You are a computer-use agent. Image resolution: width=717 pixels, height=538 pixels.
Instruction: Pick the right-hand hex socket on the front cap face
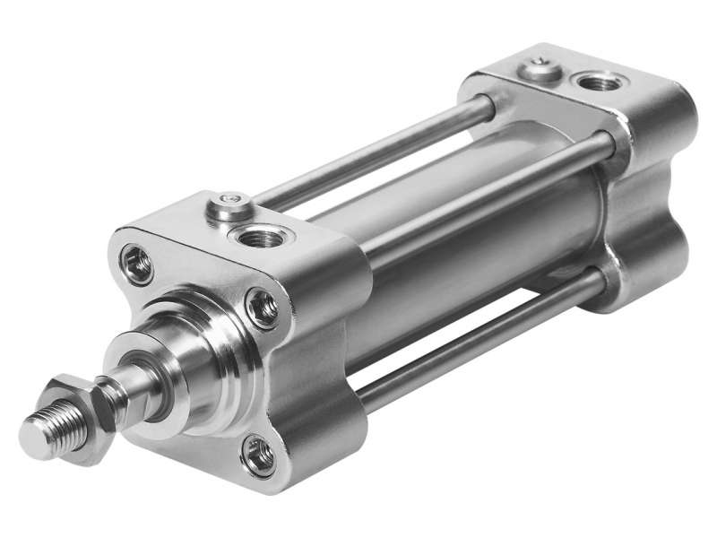click(x=263, y=308)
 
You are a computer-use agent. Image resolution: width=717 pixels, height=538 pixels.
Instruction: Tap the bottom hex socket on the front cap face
click(x=260, y=455)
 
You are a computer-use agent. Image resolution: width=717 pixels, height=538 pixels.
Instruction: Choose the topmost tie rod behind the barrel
click(x=376, y=157)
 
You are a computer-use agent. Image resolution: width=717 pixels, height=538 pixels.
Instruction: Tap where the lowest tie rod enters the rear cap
click(x=599, y=280)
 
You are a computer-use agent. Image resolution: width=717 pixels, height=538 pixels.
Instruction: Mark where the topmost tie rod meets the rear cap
click(x=488, y=106)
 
